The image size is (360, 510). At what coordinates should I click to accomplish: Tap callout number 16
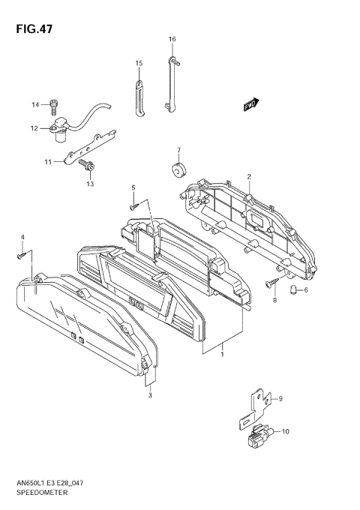point(172,39)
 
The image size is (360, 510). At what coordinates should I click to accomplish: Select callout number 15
point(139,63)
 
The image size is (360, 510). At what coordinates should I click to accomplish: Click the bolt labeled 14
point(55,105)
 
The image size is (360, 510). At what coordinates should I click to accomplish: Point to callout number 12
point(34,128)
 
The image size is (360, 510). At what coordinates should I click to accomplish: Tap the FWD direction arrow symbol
point(250,106)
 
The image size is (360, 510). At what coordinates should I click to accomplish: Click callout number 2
point(248,177)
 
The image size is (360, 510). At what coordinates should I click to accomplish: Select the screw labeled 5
point(133,201)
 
